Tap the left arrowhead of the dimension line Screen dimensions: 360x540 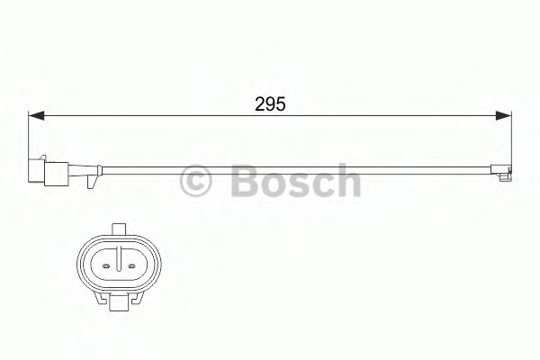coord(37,116)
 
